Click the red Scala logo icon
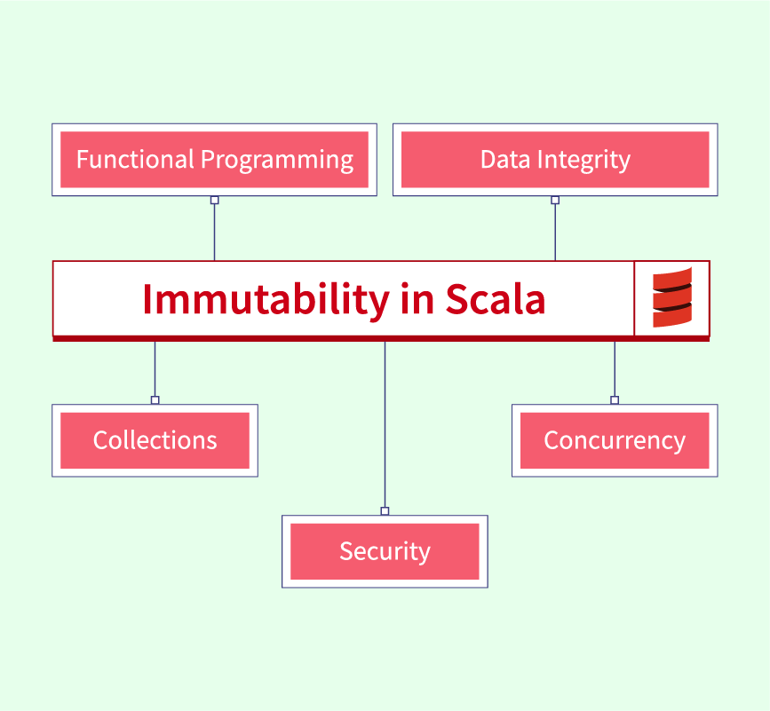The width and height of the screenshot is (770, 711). pos(671,298)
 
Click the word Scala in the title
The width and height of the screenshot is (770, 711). pos(495,299)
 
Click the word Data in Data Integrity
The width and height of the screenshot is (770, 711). pos(504,160)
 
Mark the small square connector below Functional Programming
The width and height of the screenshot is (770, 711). pos(214,200)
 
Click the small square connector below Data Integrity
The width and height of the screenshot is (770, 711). pos(555,200)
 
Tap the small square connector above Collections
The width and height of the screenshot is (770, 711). pos(155,399)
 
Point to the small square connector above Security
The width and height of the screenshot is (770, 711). pos(385,510)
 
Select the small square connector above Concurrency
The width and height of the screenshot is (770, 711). pos(614,399)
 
